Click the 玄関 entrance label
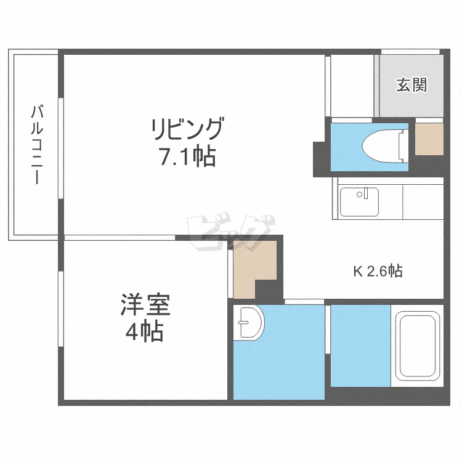411,85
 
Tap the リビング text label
187,130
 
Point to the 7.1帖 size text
187,158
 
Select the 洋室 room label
145,306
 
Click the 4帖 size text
145,333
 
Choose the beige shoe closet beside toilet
429,139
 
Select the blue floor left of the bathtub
360,345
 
